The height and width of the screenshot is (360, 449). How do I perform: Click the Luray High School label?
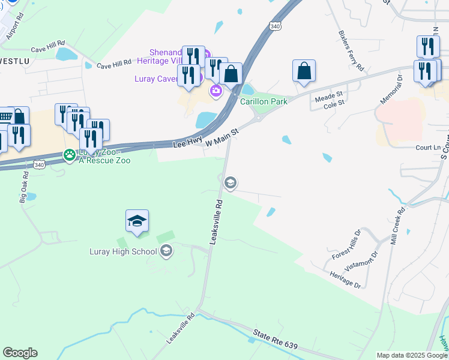coord(123,251)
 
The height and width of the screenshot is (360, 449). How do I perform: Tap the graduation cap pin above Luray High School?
coord(137,222)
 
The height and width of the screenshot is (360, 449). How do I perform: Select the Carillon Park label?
coord(264,101)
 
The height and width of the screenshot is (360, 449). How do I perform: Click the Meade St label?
coord(328,95)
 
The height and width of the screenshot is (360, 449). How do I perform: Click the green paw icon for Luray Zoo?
coord(70,155)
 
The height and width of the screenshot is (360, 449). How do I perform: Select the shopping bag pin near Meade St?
coord(304,71)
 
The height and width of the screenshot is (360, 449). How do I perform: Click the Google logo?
coord(20,352)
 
